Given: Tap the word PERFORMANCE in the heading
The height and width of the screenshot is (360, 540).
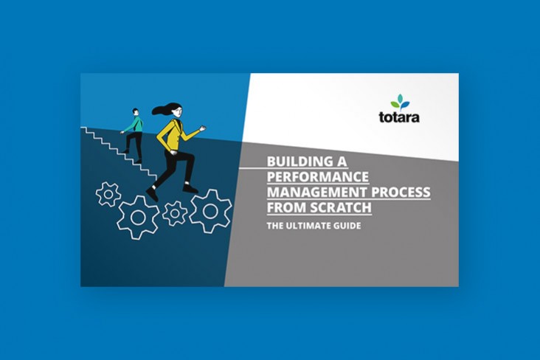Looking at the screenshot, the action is click(x=318, y=177).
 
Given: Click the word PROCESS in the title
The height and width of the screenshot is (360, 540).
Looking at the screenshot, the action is click(x=401, y=192).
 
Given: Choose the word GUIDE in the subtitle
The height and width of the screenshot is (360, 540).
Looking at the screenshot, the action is click(x=347, y=226).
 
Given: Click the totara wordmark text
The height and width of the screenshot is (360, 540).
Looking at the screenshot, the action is click(x=399, y=117).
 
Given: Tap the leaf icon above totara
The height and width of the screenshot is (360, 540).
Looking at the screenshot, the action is click(x=400, y=103).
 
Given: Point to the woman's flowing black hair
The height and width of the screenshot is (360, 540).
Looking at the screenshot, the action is click(x=165, y=108).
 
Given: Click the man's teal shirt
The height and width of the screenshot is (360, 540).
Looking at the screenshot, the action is click(x=135, y=125).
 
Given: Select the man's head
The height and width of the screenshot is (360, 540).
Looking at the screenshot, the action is click(x=135, y=112).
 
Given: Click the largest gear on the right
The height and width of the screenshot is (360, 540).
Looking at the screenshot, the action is click(x=210, y=211).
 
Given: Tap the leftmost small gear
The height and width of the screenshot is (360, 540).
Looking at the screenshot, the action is click(x=108, y=194).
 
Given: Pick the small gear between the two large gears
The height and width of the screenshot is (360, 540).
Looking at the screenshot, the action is click(x=175, y=213).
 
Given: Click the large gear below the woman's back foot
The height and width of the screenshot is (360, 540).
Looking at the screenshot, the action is click(x=138, y=218).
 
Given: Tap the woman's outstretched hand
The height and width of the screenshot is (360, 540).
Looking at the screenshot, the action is click(x=203, y=128).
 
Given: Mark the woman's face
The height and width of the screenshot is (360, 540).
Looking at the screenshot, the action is click(x=178, y=112).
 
